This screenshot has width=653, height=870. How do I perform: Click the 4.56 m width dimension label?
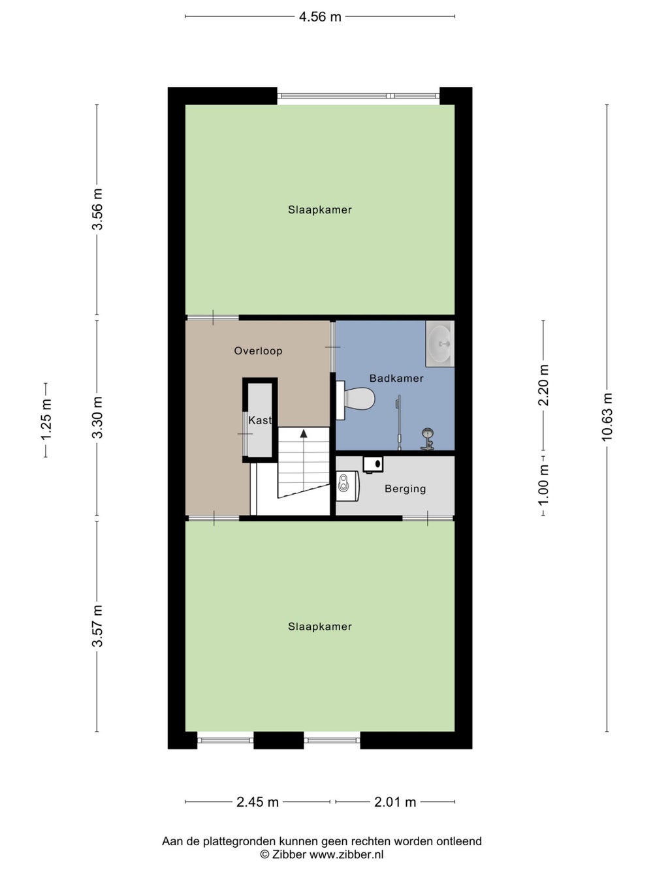click(320, 17)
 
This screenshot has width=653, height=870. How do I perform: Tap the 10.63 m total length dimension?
click(607, 416)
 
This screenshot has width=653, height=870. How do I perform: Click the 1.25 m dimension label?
click(46, 420)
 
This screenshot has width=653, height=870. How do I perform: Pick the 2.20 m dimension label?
click(543, 385)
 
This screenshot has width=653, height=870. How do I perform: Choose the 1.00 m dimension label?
click(543, 485)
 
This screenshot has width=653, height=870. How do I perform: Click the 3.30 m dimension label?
click(97, 417)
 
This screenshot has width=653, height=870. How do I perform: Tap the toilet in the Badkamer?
click(355, 400)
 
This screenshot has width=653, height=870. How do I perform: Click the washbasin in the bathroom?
click(440, 343)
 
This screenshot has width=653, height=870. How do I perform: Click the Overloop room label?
click(258, 350)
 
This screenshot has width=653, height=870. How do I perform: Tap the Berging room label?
click(406, 489)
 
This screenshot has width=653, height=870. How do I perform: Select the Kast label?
click(260, 420)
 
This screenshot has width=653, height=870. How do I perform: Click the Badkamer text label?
click(396, 378)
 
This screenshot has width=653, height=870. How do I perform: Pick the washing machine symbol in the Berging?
click(347, 486)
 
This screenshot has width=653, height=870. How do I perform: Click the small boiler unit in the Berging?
click(373, 465)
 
